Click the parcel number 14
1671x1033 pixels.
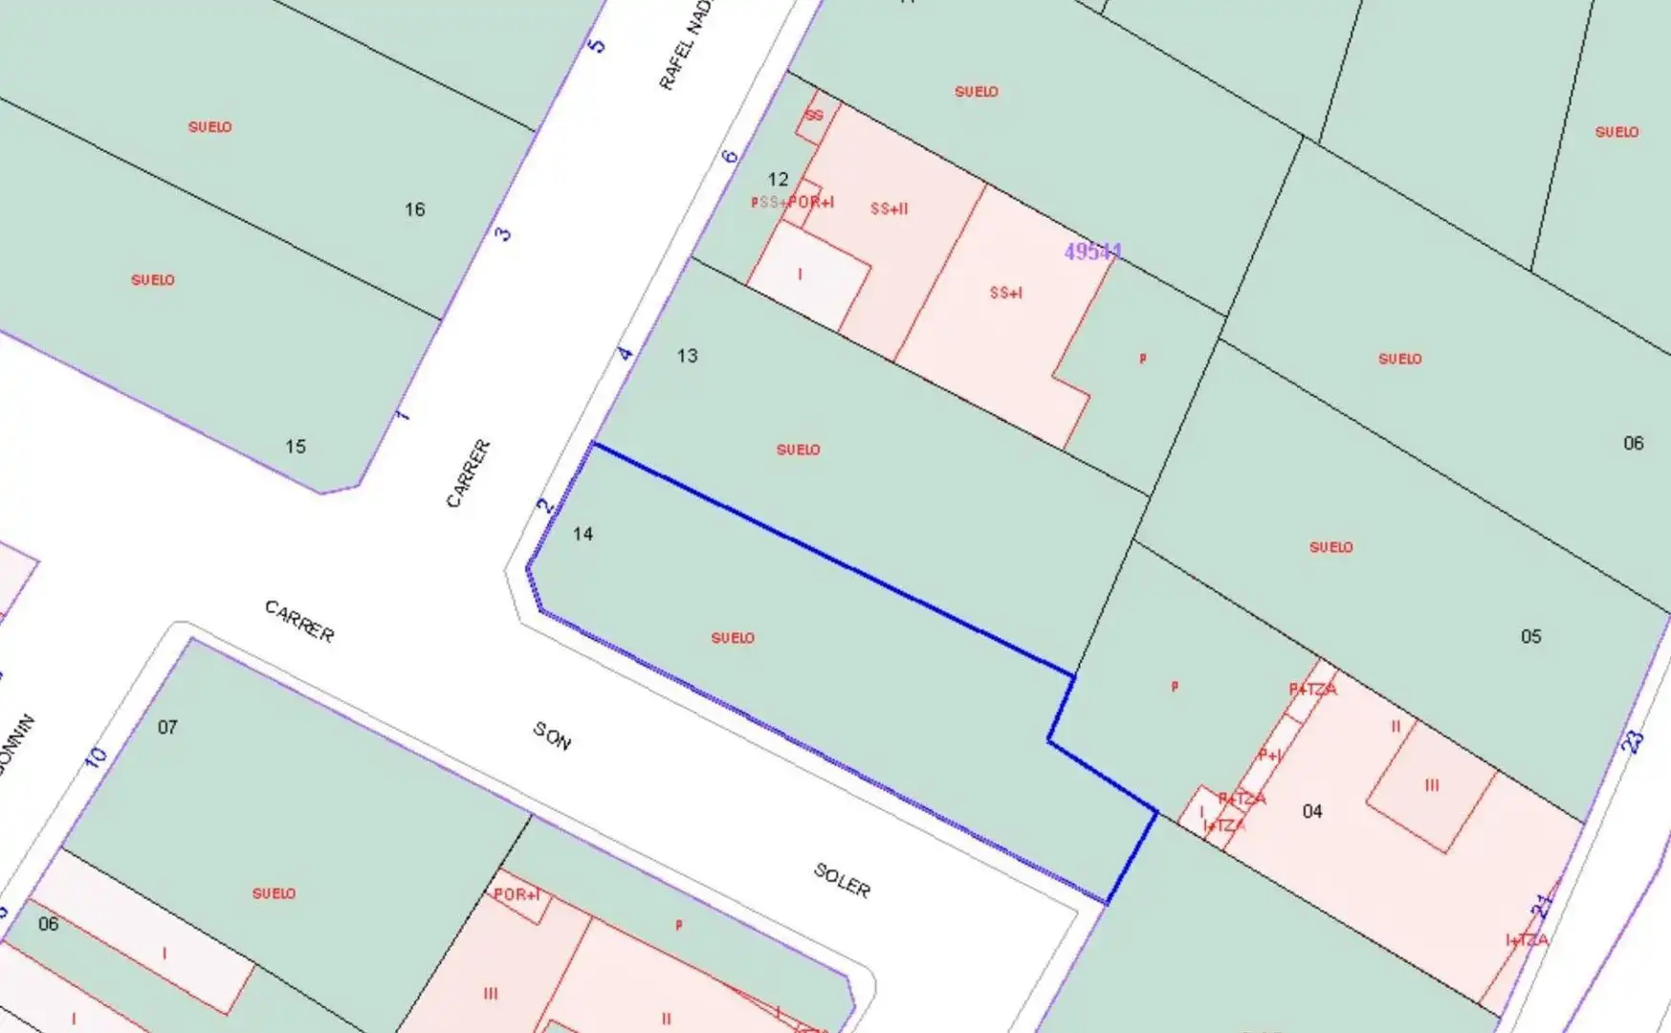click(583, 534)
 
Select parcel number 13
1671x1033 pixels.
click(687, 356)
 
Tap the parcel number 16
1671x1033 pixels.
click(414, 209)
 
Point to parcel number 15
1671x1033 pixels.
click(296, 447)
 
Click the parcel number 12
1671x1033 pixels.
click(778, 179)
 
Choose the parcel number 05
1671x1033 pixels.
click(1530, 636)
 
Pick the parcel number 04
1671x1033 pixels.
click(1312, 811)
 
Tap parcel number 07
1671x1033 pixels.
click(167, 727)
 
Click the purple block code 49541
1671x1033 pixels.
click(1092, 252)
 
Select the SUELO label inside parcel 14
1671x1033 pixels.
click(733, 638)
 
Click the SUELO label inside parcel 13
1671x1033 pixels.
click(798, 450)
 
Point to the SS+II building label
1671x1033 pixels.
click(889, 209)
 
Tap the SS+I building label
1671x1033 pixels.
click(1005, 293)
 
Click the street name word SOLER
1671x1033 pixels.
click(842, 881)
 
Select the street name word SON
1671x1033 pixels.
click(552, 736)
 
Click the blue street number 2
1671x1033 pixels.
click(545, 505)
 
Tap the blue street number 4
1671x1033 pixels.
click(626, 354)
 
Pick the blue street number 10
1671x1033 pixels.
click(97, 757)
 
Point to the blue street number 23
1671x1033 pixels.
click(1634, 740)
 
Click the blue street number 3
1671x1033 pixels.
click(503, 233)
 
